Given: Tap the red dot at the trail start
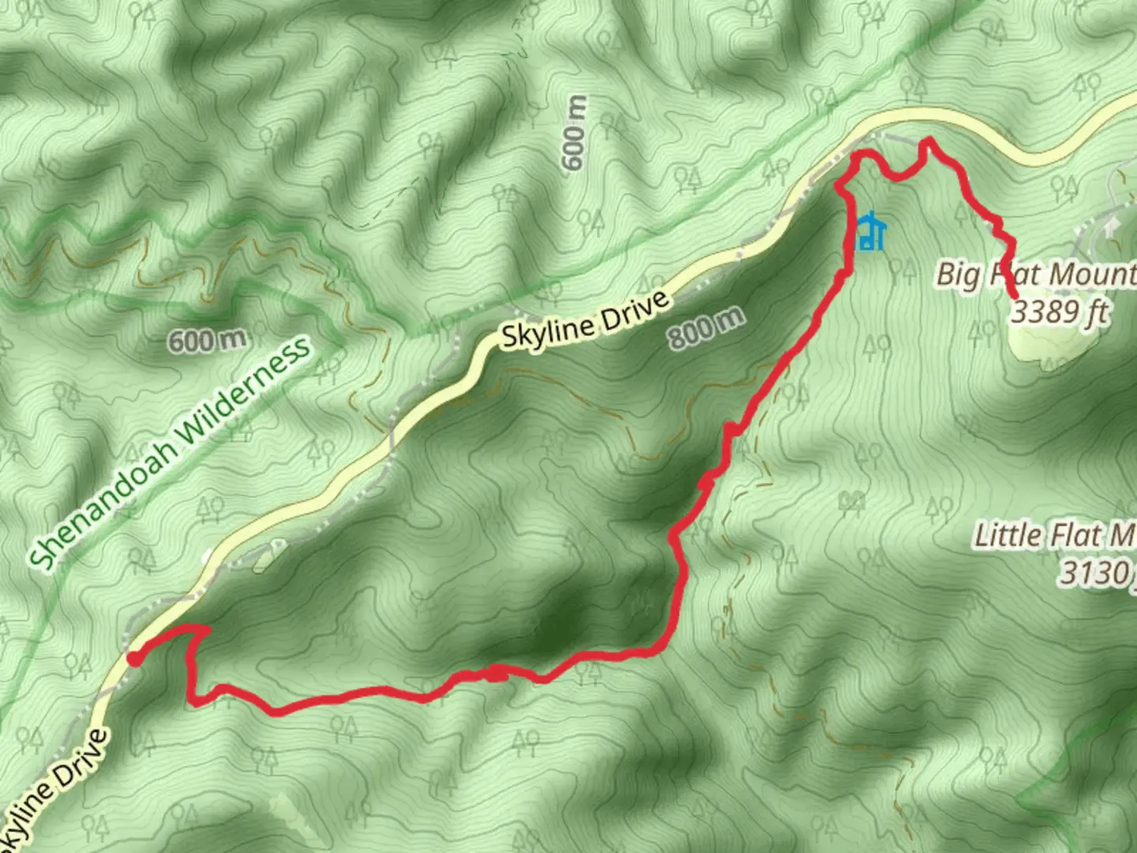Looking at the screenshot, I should click(135, 659).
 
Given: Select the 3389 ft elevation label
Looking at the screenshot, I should click(1060, 312).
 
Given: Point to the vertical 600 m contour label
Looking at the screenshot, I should click(575, 133).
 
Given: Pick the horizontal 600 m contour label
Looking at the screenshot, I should click(207, 341).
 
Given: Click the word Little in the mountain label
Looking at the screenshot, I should click(1008, 535).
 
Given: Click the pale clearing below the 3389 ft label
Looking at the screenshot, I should click(1042, 345).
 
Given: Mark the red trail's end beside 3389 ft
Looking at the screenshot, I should click(1013, 295).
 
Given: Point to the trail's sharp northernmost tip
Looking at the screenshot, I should click(928, 141).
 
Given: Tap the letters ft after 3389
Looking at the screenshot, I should click(1096, 312).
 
